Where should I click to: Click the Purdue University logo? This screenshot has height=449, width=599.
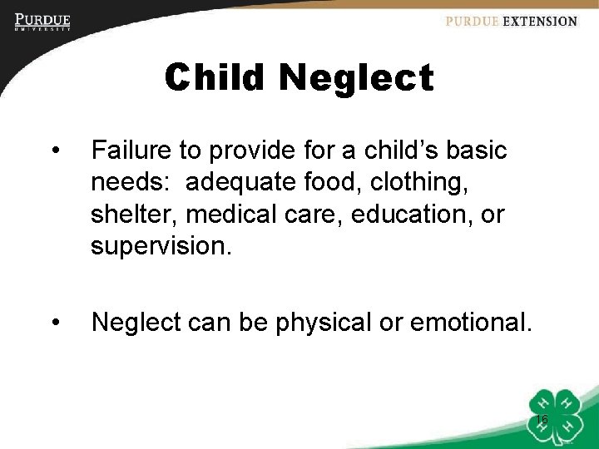pos(42,22)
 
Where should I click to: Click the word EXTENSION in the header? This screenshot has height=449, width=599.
pos(539,22)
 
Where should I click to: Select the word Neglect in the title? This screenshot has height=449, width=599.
pos(356,78)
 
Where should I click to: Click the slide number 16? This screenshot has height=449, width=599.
pos(542,420)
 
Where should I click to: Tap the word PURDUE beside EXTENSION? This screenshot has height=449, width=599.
pos(472,22)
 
